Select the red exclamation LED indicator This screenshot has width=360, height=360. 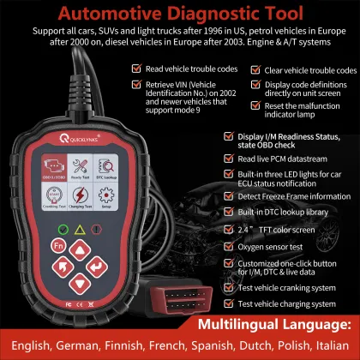tap(105, 230)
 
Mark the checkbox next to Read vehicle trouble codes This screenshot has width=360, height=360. tap(136, 68)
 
